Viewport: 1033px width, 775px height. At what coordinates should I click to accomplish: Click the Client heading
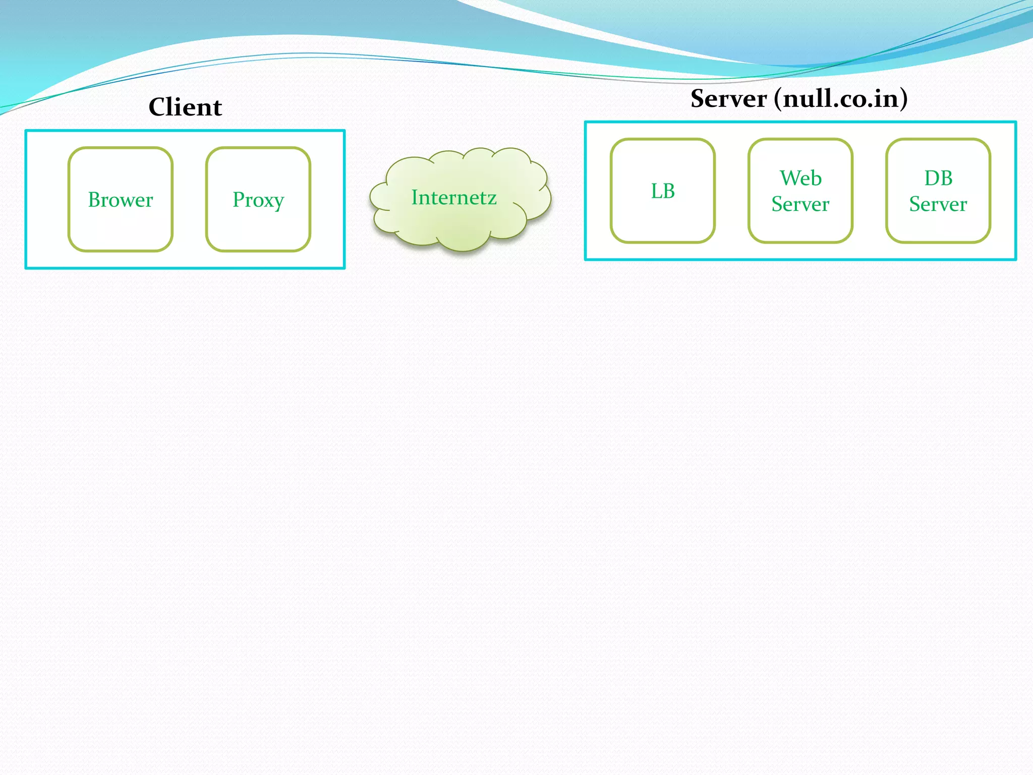(x=185, y=107)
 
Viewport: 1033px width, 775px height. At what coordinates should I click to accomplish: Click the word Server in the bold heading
(x=728, y=98)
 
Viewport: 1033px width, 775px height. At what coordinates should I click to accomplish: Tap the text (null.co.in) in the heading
(x=841, y=98)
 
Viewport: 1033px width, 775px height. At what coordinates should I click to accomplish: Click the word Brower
(x=121, y=200)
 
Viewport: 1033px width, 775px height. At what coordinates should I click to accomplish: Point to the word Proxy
(x=258, y=200)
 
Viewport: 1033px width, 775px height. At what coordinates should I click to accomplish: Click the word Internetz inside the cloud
(x=454, y=197)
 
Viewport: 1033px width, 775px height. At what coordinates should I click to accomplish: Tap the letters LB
(x=663, y=191)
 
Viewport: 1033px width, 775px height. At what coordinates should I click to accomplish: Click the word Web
(x=800, y=178)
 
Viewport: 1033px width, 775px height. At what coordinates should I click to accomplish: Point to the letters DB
(x=938, y=178)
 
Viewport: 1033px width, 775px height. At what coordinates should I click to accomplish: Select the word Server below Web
(x=800, y=204)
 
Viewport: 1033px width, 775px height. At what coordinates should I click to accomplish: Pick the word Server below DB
(x=938, y=204)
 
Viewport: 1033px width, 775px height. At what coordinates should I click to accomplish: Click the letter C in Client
(x=158, y=107)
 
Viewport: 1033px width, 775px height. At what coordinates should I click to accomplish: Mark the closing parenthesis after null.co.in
(x=902, y=98)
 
